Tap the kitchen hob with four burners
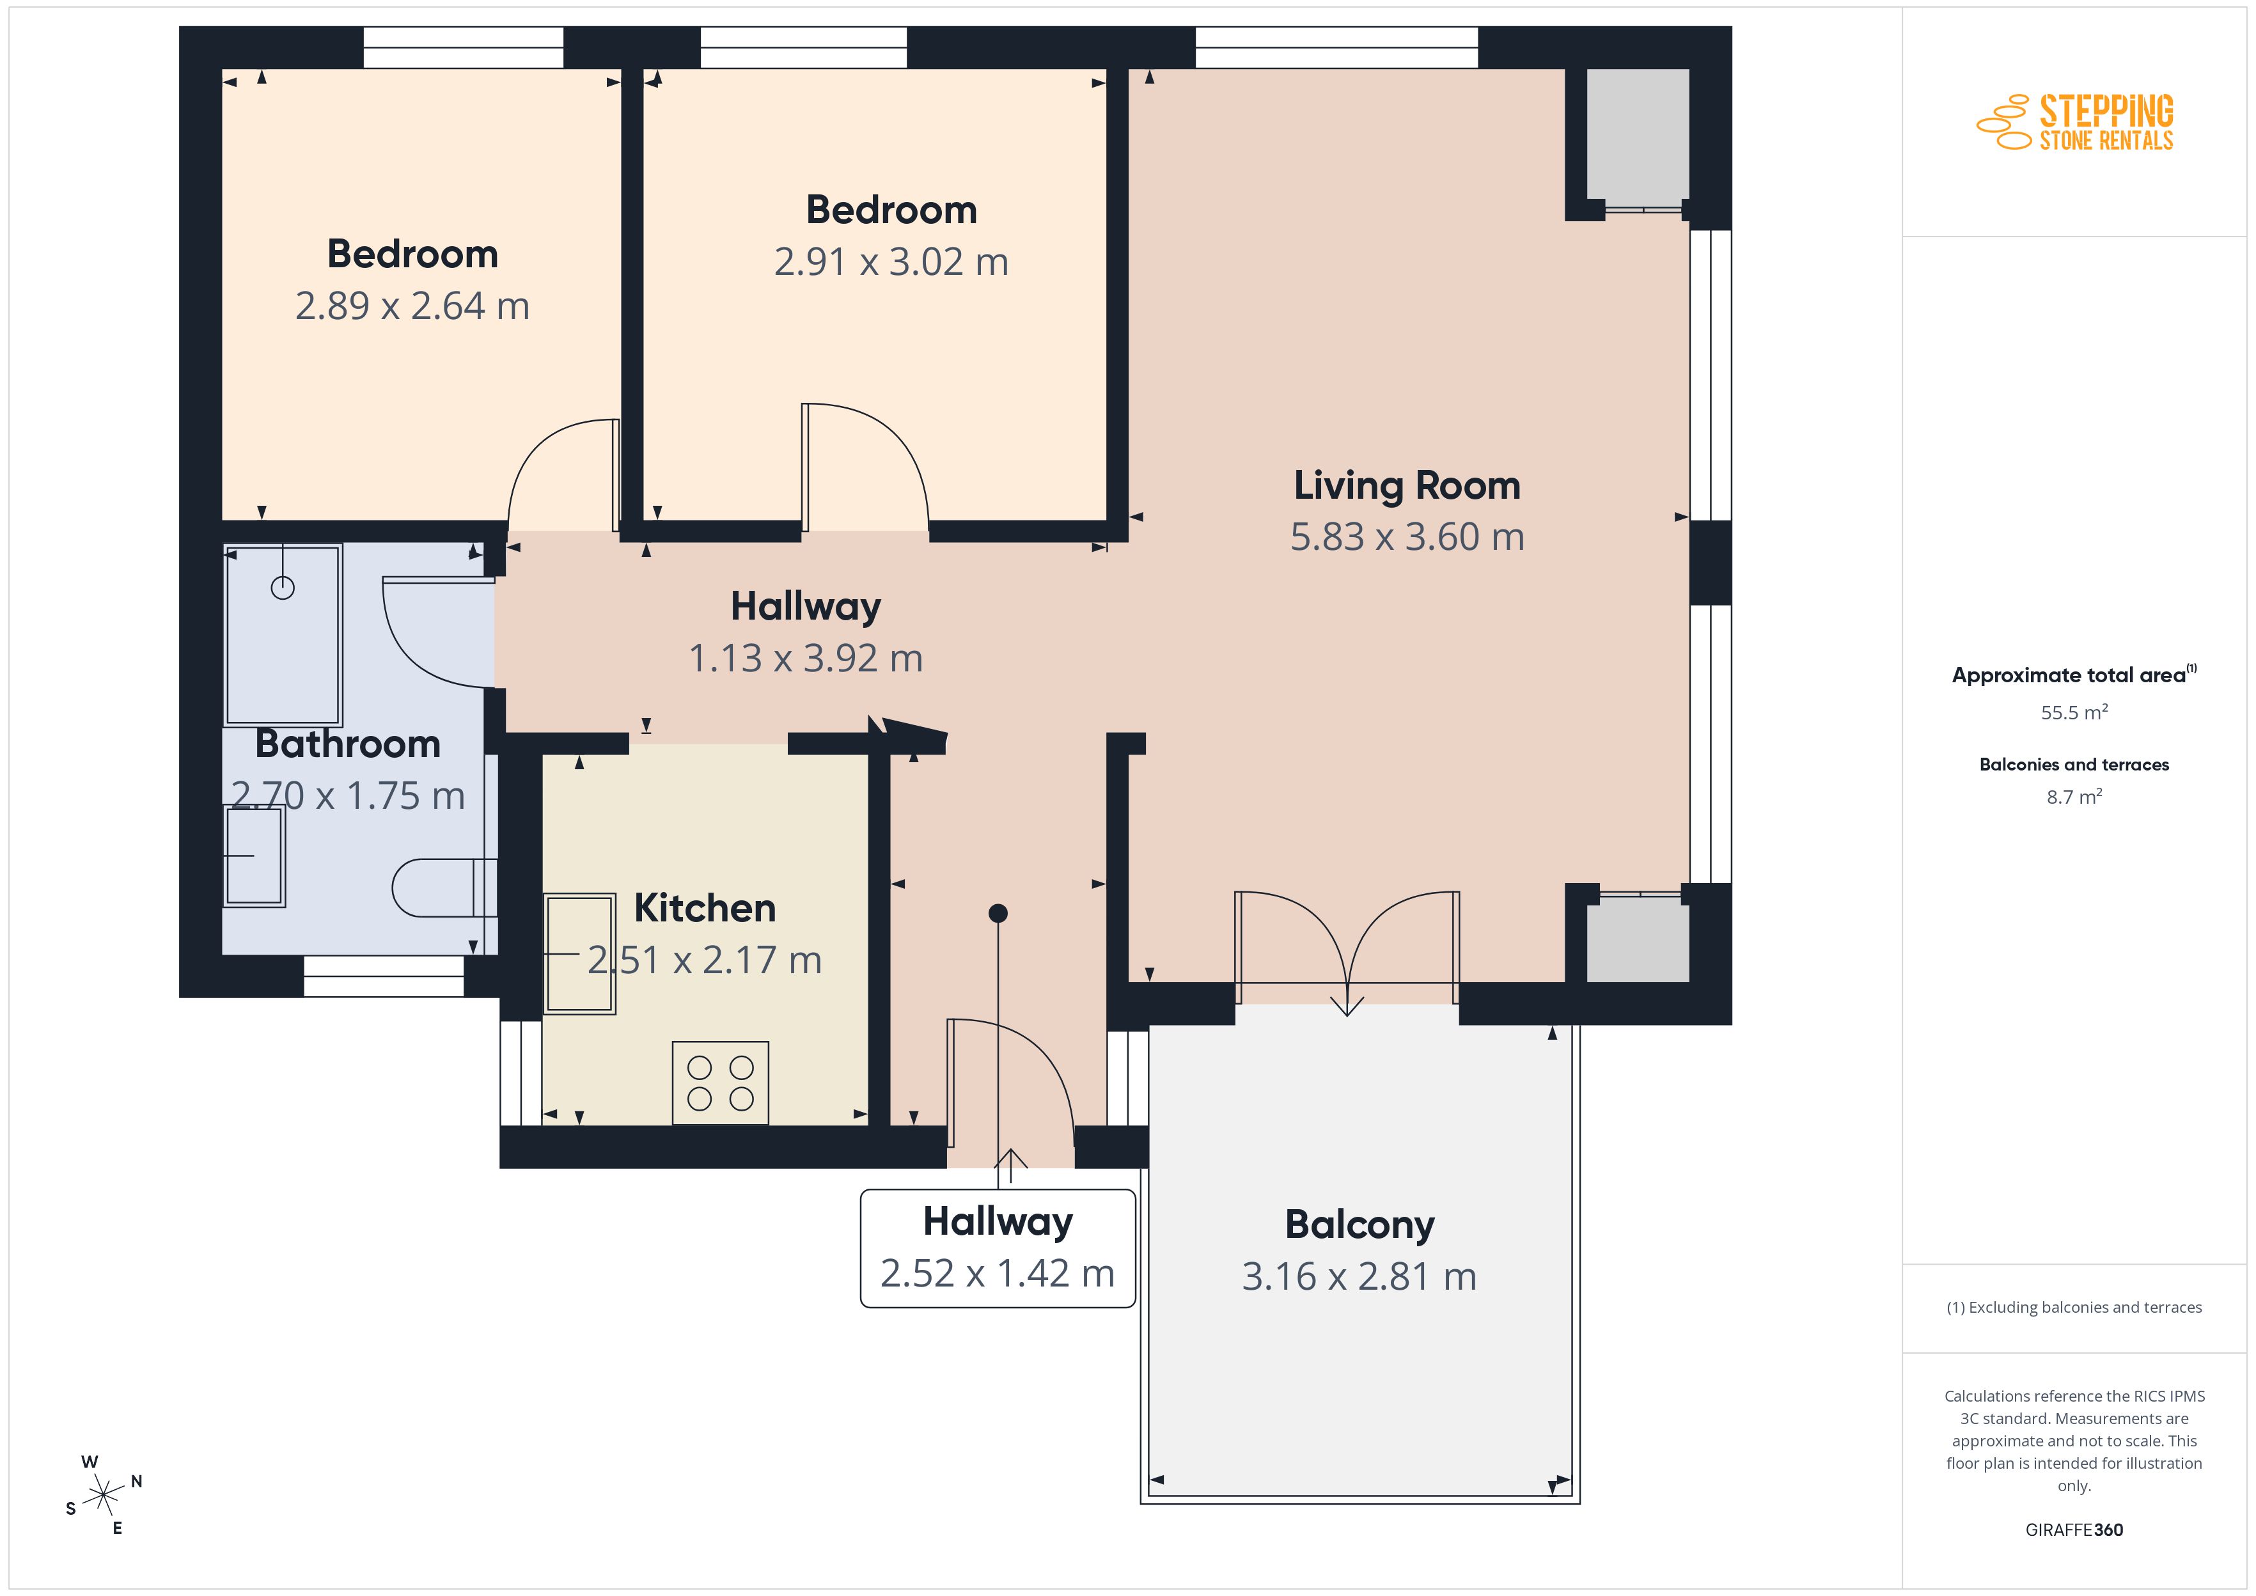720,1083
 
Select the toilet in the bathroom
444,888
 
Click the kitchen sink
580,953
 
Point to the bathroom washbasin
255,855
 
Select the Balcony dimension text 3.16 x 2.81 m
1359,1276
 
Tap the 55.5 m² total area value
2074,712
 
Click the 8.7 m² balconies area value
2074,796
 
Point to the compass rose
103,1496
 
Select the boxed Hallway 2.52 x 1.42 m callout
998,1248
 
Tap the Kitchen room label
705,908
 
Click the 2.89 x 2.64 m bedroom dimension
412,307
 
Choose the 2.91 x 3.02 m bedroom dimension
891,262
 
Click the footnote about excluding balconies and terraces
2074,1307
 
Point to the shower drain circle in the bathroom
283,588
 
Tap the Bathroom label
348,744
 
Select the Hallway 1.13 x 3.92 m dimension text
806,659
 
